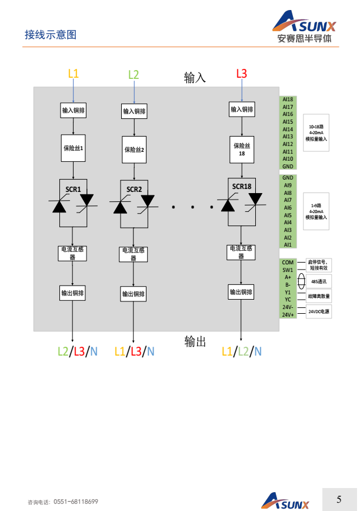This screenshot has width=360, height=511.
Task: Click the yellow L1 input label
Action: tap(74, 74)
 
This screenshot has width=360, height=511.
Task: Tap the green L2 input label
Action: tap(134, 75)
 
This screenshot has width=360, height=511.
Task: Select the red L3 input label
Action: tap(241, 74)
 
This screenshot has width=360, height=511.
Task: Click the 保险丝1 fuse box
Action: tap(74, 148)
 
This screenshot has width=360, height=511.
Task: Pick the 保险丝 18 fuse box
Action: tap(241, 150)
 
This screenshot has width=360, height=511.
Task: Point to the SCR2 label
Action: tap(134, 190)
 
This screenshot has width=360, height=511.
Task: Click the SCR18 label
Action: tap(241, 187)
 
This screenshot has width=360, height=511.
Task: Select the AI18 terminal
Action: tap(288, 99)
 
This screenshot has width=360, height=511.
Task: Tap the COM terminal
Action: tap(288, 263)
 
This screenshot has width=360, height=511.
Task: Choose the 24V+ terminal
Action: tap(288, 315)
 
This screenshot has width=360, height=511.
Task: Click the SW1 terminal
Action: tap(288, 270)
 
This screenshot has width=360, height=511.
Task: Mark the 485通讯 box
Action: tap(319, 281)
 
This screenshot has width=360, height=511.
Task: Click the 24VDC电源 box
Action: tap(319, 311)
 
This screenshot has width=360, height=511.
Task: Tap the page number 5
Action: tap(339, 500)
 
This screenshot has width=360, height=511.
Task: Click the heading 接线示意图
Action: tap(50, 35)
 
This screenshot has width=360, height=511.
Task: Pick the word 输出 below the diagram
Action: tap(195, 341)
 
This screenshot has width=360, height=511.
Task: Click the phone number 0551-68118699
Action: tap(76, 502)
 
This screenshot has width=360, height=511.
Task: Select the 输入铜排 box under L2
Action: tap(134, 111)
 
